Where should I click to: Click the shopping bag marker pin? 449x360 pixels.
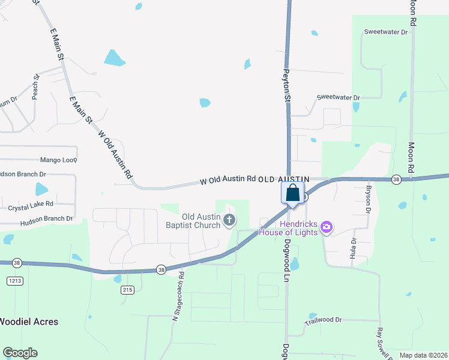[x=292, y=194]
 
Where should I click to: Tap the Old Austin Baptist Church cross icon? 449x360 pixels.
[x=229, y=221]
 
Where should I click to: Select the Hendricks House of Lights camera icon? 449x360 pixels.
[x=327, y=227]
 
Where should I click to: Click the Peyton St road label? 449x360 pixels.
[x=287, y=84]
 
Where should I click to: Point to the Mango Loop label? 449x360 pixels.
[x=59, y=160]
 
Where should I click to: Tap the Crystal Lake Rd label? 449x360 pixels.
[x=31, y=208]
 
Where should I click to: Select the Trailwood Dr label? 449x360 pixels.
[x=323, y=321]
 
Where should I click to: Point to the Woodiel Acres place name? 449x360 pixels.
[x=29, y=322]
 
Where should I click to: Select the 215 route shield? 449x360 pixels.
[x=127, y=290]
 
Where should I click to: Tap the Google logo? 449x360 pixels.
[x=20, y=353]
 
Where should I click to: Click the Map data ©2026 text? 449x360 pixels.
[x=423, y=355]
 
